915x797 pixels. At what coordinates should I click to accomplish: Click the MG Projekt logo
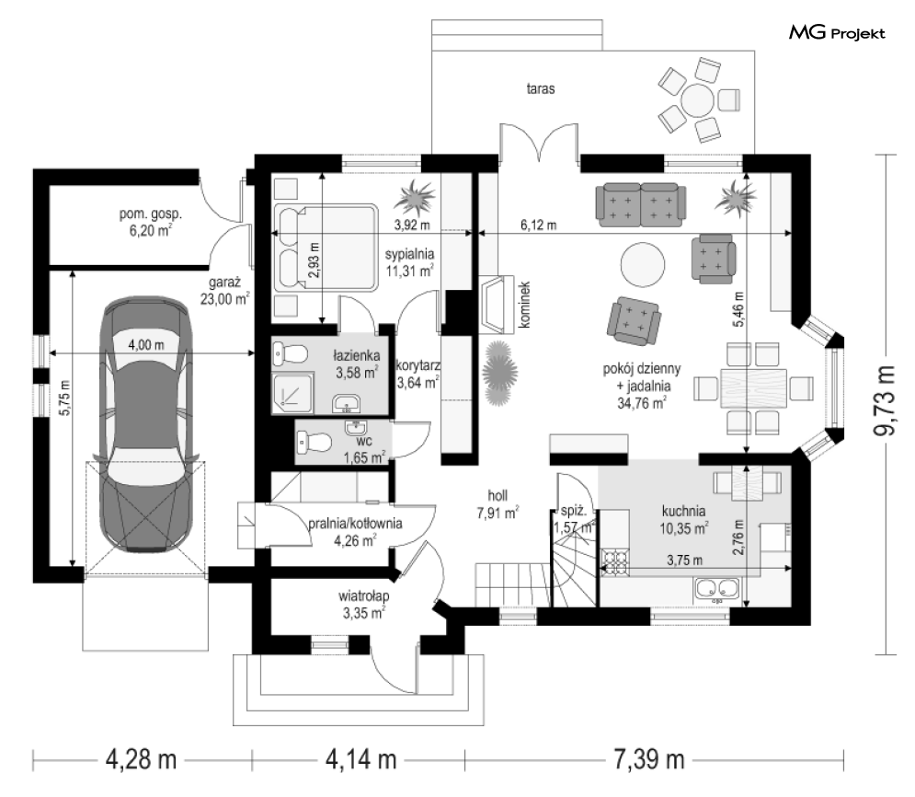[x=837, y=33]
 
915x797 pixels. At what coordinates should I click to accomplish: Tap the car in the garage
[x=146, y=423]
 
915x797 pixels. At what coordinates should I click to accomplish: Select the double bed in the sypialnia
[x=325, y=247]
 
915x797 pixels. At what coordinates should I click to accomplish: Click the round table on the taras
[x=697, y=99]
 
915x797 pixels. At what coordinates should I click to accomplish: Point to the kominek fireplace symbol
[x=497, y=305]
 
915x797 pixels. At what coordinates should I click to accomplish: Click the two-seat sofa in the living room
[x=640, y=205]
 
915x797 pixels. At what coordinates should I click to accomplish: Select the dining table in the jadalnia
[x=753, y=387]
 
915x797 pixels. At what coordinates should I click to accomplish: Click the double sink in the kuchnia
[x=716, y=590]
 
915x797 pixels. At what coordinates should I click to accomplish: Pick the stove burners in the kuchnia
[x=614, y=561]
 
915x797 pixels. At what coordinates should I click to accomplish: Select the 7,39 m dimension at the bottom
[x=649, y=760]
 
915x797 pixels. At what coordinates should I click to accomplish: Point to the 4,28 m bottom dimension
[x=142, y=760]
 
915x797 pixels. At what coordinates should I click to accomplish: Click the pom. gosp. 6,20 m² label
[x=151, y=222]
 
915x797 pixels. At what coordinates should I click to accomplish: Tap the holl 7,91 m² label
[x=498, y=504]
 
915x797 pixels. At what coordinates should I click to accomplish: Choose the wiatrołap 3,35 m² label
[x=363, y=605]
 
